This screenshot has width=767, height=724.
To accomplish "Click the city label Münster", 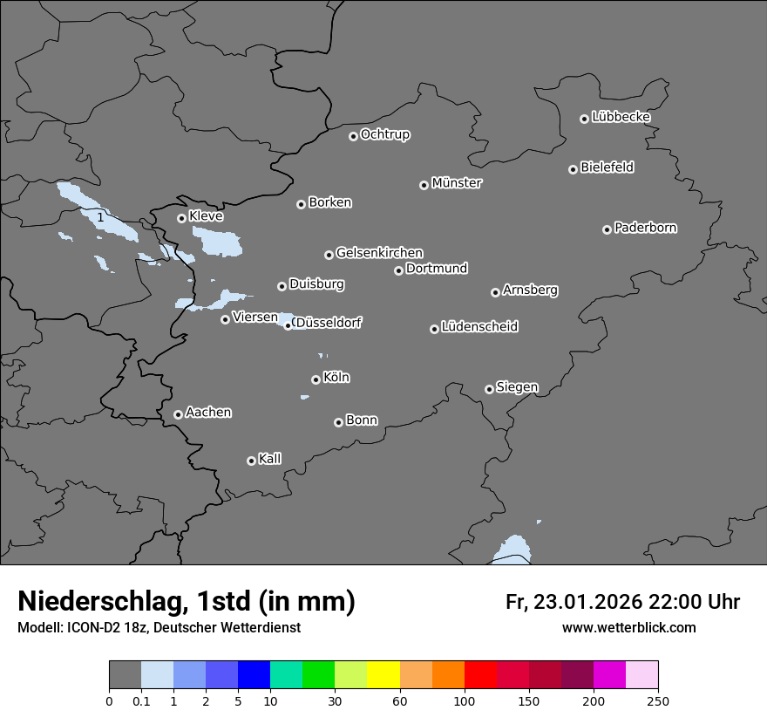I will tap(456, 183).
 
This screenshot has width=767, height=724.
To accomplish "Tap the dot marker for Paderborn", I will tap(607, 229).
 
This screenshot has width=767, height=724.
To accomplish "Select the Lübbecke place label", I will tap(621, 117).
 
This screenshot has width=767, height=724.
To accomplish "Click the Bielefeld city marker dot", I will tap(573, 169).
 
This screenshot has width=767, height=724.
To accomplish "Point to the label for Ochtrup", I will tap(384, 134).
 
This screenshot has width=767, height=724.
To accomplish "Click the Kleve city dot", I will tap(181, 218).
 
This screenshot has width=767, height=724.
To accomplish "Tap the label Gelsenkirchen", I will tap(379, 253).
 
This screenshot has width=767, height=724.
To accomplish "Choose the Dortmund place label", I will tap(437, 269).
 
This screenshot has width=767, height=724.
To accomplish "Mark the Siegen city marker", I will tap(489, 389).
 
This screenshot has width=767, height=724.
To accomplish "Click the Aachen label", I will tap(208, 413).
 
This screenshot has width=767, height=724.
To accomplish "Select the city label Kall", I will tap(269, 459).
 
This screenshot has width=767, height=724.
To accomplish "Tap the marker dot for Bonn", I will tap(338, 422).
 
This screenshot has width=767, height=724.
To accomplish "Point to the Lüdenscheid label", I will tap(479, 327).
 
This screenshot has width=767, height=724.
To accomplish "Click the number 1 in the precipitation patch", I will tap(101, 216).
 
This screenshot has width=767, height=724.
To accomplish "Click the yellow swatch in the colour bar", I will tap(383, 675).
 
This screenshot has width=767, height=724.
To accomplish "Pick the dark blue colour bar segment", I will tap(254, 675).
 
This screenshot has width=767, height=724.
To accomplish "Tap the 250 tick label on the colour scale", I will tap(658, 700).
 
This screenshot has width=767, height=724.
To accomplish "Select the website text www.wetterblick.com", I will tap(628, 628).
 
